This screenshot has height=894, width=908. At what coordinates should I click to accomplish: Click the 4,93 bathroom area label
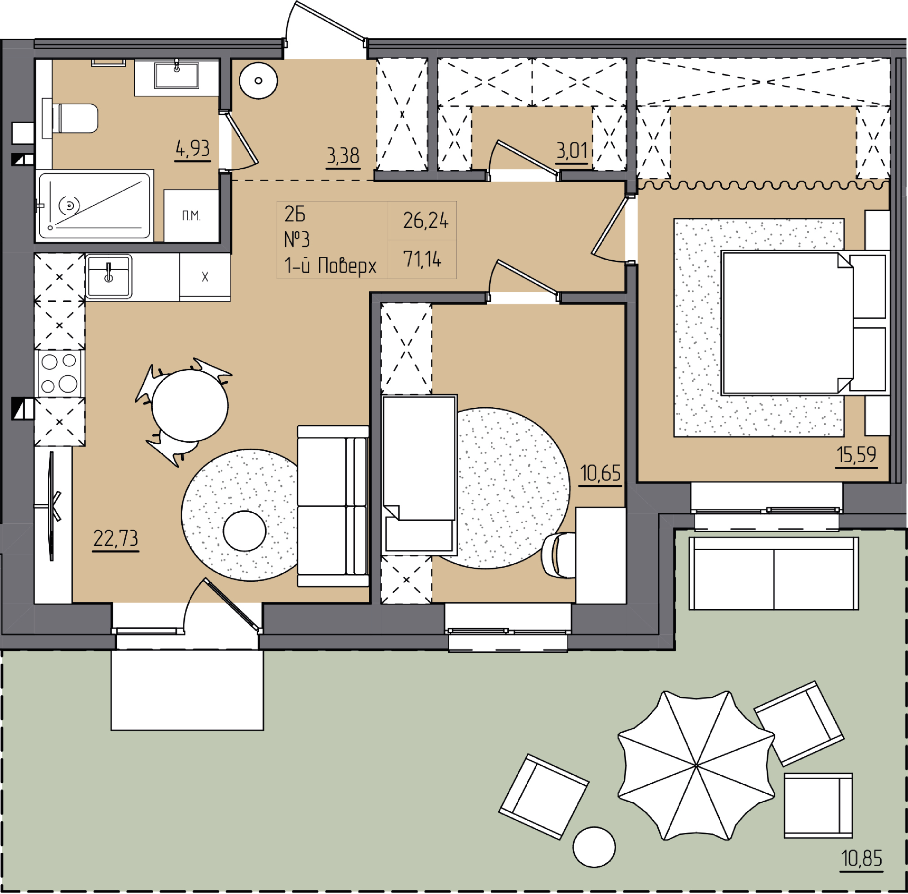click(192, 149)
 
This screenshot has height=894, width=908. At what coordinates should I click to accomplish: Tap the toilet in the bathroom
click(71, 118)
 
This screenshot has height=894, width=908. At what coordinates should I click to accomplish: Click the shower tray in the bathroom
click(95, 206)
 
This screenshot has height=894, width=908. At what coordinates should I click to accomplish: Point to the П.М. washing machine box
click(191, 216)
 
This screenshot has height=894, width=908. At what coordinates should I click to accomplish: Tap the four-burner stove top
click(60, 374)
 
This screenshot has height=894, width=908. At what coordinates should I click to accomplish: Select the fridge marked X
click(205, 277)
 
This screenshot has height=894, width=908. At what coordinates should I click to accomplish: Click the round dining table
click(190, 405)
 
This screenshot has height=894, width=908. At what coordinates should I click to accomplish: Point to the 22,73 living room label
click(116, 539)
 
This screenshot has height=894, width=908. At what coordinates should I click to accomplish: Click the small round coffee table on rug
click(244, 531)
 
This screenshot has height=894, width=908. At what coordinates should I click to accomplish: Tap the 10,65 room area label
click(600, 473)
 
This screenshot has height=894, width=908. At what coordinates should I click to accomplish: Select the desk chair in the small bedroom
click(558, 555)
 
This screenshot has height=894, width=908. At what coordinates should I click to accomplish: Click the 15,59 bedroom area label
click(856, 455)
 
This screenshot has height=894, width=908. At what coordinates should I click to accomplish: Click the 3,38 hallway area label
click(343, 156)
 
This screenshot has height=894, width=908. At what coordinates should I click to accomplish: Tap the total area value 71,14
click(422, 259)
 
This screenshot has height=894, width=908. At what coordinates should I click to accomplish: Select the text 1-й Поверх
click(330, 265)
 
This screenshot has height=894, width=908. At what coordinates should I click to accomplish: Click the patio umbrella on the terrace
click(696, 765)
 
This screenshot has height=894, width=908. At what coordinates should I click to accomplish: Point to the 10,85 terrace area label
click(862, 859)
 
